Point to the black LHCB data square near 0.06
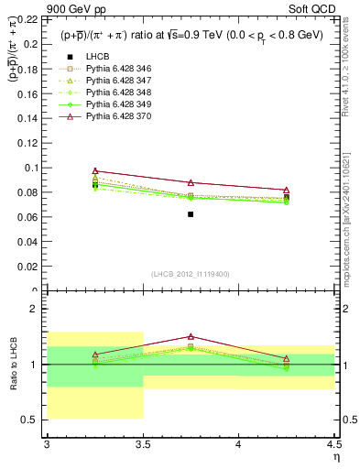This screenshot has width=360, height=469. (x=191, y=213)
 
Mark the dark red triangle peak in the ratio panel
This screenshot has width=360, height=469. (x=191, y=336)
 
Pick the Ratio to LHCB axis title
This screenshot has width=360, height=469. (x=12, y=366)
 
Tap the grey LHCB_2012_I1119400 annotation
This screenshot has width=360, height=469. (x=191, y=274)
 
